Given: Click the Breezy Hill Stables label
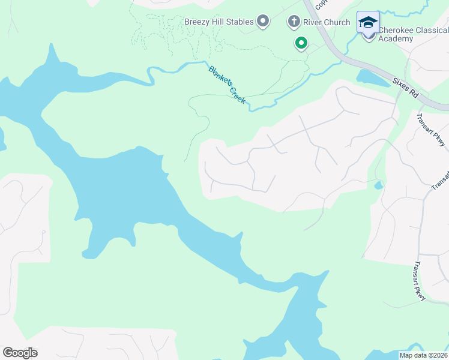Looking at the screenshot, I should pyautogui.click(x=218, y=22).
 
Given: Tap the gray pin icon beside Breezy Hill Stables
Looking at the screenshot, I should pyautogui.click(x=263, y=22).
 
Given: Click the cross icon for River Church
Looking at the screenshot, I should pyautogui.click(x=294, y=22).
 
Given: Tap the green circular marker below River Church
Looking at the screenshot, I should pyautogui.click(x=301, y=43).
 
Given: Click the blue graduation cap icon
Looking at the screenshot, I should pyautogui.click(x=368, y=23).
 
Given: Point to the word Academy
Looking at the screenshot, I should pyautogui.click(x=396, y=39).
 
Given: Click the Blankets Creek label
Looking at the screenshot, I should pyautogui.click(x=227, y=84).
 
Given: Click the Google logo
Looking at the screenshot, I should pyautogui.click(x=20, y=353).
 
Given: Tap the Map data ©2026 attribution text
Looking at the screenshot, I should pyautogui.click(x=423, y=355).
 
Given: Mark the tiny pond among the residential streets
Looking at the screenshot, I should pyautogui.click(x=378, y=185).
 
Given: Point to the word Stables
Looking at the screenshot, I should pyautogui.click(x=239, y=22).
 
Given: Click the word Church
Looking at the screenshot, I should pyautogui.click(x=336, y=22).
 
